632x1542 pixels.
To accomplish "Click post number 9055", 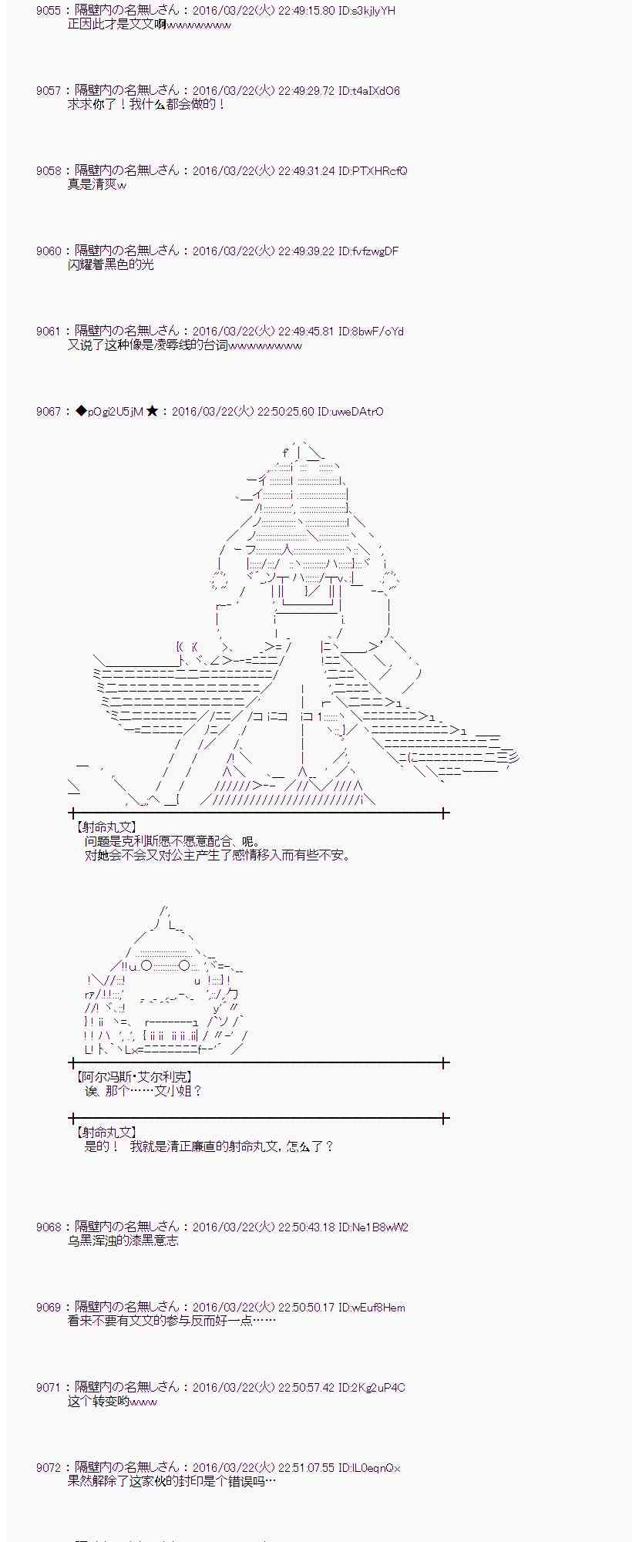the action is coord(48,11).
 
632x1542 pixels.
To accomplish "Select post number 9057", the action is coord(48,91).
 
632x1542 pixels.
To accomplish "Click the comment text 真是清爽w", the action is coord(97,185).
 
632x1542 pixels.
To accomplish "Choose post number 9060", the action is coord(48,251).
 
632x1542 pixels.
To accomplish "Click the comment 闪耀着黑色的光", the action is coord(111,265).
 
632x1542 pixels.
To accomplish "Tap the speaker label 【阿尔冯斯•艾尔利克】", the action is coord(134,1077).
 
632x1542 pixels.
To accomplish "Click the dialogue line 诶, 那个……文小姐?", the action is coord(143,1091).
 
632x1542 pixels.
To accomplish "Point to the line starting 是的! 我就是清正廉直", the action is coord(209,1146).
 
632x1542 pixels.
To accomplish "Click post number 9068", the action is coord(48,1227).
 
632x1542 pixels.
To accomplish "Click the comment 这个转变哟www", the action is coord(113,1402).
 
